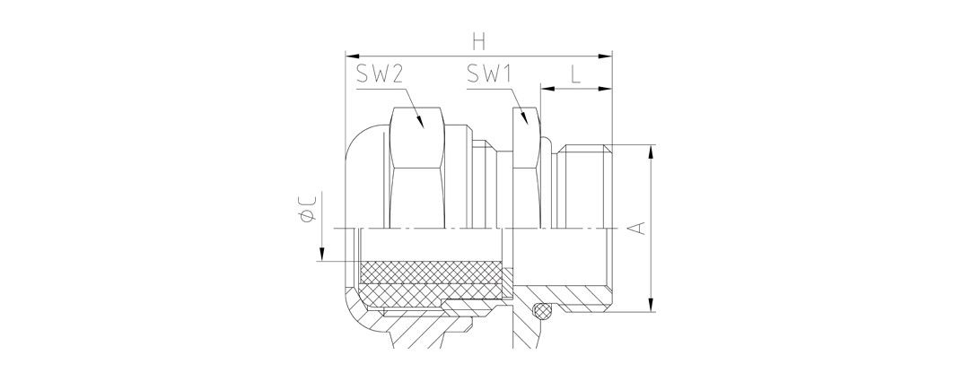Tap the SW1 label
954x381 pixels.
tap(489, 77)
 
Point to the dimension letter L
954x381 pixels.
tap(574, 77)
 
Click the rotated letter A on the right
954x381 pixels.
tap(636, 229)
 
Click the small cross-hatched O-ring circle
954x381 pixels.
tap(540, 311)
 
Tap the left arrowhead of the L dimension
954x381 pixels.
tap(544, 89)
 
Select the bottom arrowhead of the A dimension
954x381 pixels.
tap(650, 308)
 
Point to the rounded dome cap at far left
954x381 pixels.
tap(363, 179)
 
